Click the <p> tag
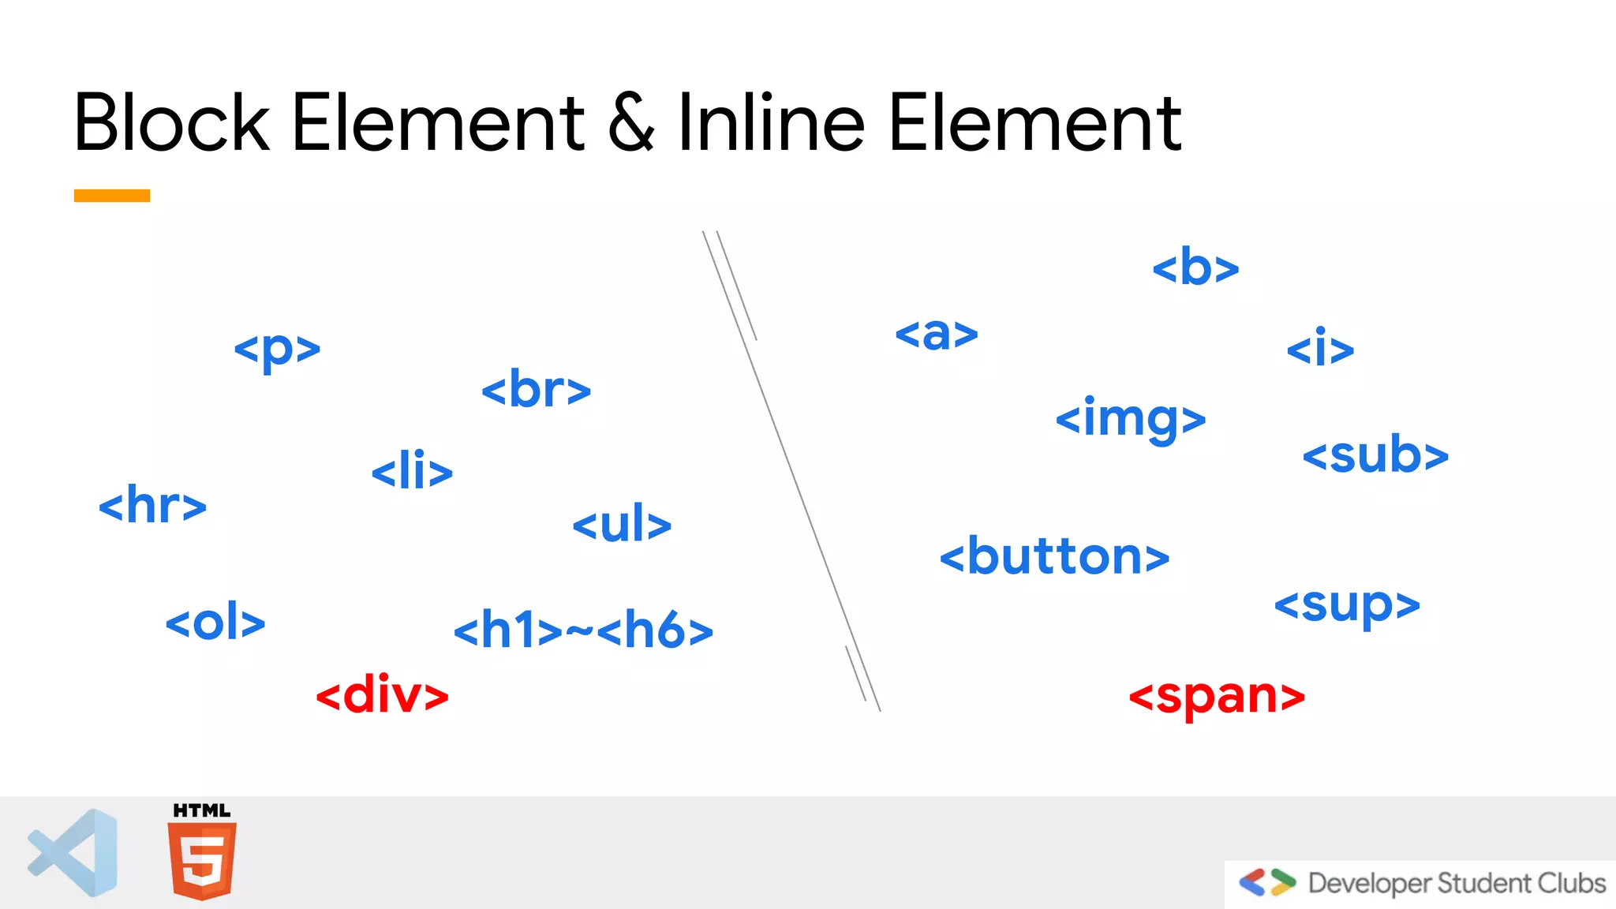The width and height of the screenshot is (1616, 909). (277, 349)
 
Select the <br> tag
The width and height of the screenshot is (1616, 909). (536, 389)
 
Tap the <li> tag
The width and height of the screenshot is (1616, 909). (412, 471)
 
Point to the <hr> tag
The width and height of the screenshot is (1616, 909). (152, 505)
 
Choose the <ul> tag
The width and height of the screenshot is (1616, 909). (622, 524)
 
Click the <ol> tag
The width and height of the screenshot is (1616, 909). (215, 623)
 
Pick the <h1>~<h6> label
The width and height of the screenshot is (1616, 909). (583, 630)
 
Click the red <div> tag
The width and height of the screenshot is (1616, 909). (382, 695)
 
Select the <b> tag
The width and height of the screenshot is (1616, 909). (1195, 267)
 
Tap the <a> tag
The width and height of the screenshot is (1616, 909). (937, 334)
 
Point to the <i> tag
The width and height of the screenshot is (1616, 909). (1320, 348)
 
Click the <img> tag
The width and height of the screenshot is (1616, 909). (1131, 419)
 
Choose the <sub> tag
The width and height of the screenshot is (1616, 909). (1375, 455)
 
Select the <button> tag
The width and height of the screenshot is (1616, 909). (1054, 557)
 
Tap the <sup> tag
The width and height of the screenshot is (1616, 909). (1347, 606)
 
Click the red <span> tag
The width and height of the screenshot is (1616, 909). (1217, 697)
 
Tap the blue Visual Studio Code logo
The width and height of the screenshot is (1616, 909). (74, 853)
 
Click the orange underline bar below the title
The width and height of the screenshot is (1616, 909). (112, 196)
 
